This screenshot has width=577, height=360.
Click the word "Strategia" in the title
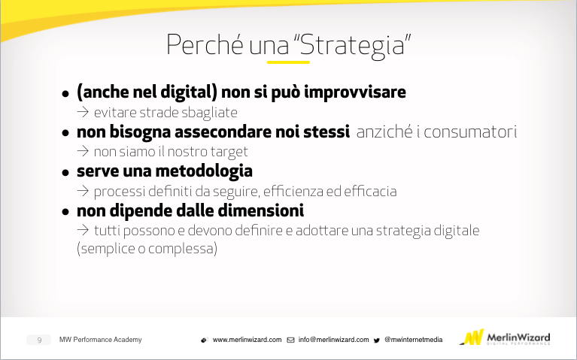click(353, 46)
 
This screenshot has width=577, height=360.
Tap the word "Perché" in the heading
click(205, 44)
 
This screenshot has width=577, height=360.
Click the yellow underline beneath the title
click(288, 62)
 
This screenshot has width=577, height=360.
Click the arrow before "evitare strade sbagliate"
click(83, 112)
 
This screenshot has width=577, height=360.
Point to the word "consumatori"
click(470, 132)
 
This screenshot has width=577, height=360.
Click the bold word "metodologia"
click(204, 171)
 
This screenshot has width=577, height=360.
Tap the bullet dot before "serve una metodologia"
click(65, 172)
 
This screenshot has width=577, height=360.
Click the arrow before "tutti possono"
click(83, 230)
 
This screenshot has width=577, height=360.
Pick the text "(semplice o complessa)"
click(147, 249)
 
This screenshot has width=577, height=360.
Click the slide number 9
click(39, 340)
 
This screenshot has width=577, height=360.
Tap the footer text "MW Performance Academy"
click(101, 340)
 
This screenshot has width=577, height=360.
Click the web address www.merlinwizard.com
click(247, 340)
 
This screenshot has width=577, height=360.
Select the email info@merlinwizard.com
click(333, 340)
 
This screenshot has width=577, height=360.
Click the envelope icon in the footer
click(290, 340)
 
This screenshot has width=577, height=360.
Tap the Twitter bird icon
click(377, 340)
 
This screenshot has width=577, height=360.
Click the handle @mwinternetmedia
click(413, 340)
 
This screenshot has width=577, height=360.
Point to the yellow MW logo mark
click(472, 337)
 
